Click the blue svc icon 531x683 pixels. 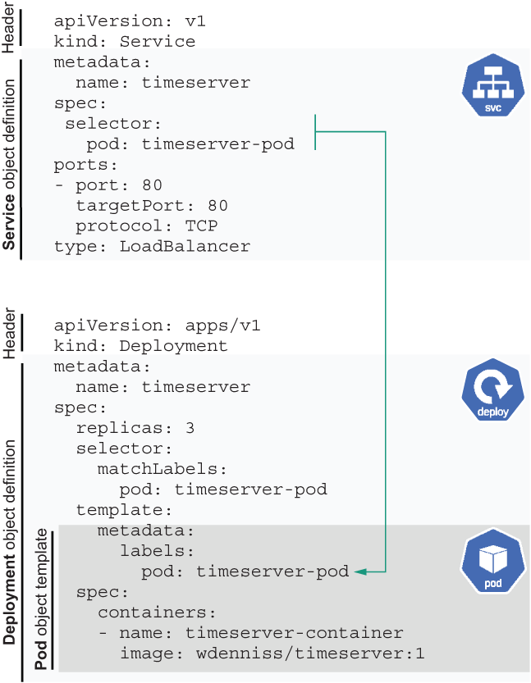coord(492,87)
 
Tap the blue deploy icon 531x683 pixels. coord(492,390)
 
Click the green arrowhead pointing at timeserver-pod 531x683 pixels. coord(359,571)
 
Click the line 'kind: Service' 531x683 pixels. coord(125,42)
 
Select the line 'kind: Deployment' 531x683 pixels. coord(140,346)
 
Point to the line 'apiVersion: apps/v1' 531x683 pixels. coord(157,326)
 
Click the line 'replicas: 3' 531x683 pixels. coord(135,428)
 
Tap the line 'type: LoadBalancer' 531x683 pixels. coord(152,246)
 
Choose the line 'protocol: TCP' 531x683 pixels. coord(146,225)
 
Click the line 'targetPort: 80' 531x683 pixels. coord(152,205)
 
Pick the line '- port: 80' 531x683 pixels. coord(108,184)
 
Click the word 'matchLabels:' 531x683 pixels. coord(162,469)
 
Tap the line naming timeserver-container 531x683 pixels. coord(250,633)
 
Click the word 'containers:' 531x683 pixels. coord(157,612)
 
